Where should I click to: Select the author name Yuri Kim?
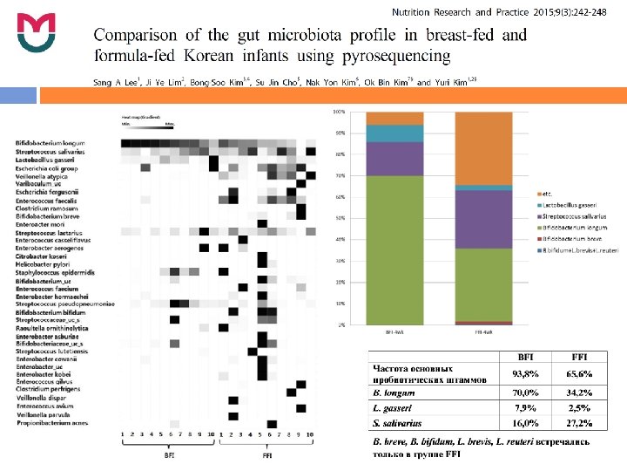(454, 82)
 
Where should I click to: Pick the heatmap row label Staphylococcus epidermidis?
(51, 273)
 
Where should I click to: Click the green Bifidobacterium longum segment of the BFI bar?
(394, 249)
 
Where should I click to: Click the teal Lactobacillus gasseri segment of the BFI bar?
(394, 133)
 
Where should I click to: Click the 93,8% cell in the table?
(526, 373)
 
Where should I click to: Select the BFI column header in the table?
(526, 357)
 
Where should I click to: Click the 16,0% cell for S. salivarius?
(526, 424)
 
